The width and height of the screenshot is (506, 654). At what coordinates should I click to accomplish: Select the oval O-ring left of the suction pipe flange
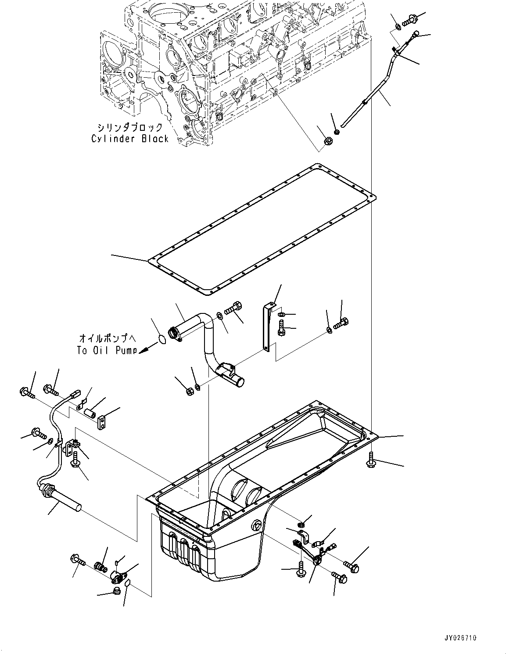(162, 339)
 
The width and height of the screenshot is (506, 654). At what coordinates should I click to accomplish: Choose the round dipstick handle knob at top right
(416, 33)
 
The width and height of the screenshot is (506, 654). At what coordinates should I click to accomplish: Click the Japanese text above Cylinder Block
(130, 127)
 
